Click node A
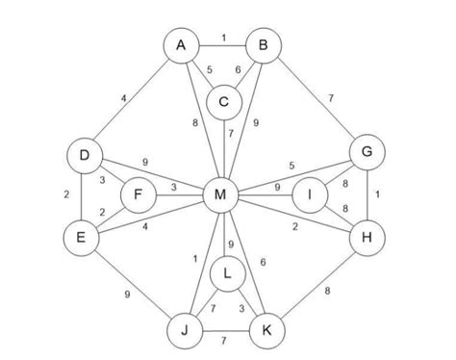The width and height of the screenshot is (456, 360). [180, 45]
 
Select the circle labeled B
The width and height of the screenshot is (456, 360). [263, 45]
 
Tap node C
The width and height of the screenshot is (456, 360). [223, 100]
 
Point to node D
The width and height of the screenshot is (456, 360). [85, 155]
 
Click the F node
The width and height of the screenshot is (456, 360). [139, 196]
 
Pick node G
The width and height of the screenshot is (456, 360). [366, 152]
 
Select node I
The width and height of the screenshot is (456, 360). [310, 195]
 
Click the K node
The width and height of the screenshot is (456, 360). [266, 332]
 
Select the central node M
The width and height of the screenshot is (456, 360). [221, 196]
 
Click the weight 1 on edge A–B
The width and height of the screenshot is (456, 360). [222, 38]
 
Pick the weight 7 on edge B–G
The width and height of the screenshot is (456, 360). [330, 99]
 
